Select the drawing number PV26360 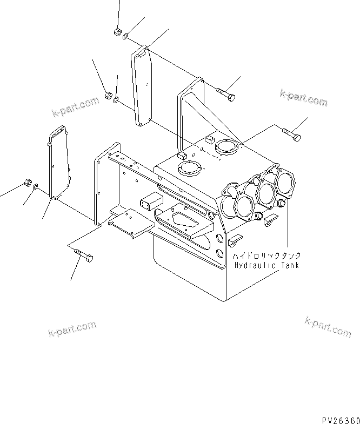(x=338, y=419)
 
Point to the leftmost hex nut (x=27, y=183)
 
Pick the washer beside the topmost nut (x=125, y=37)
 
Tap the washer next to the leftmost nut (x=36, y=187)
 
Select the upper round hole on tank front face (x=220, y=237)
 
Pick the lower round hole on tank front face (x=219, y=253)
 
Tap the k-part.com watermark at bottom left (x=71, y=327)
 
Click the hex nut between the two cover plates (x=107, y=96)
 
